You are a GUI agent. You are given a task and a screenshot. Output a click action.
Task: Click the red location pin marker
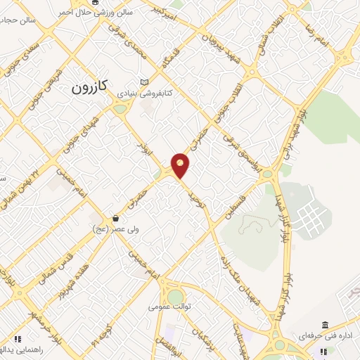tap(181, 165)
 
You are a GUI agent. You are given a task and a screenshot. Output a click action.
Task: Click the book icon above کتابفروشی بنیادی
tap(144, 82)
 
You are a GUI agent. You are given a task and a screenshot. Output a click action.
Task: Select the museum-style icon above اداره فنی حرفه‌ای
tap(324, 325)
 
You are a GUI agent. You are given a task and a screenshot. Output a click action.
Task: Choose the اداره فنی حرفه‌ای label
tap(323, 336)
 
